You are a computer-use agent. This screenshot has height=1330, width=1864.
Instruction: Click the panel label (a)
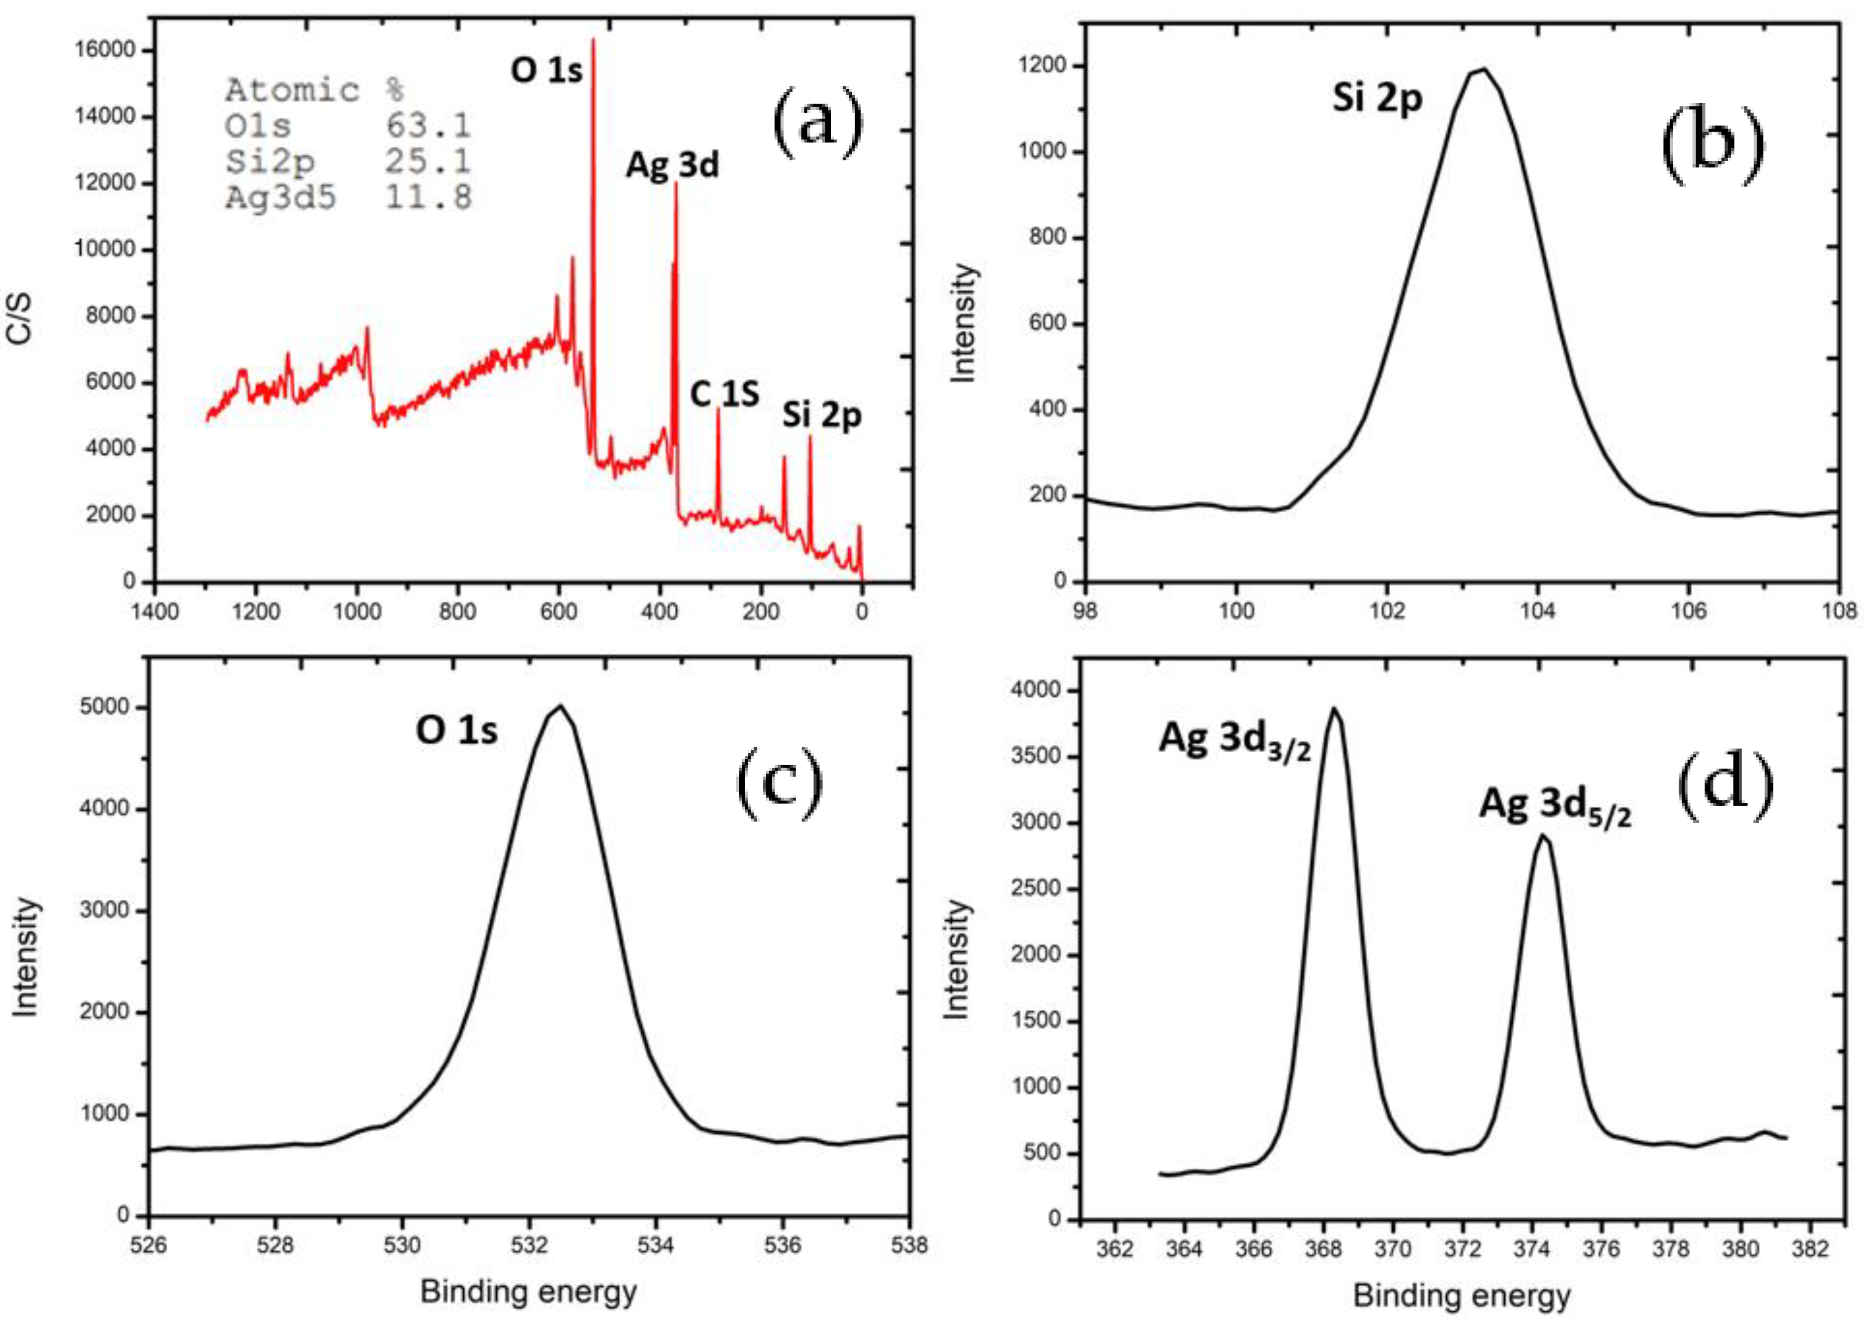tap(817, 123)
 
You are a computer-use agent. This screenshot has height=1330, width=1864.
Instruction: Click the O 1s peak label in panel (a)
tap(546, 71)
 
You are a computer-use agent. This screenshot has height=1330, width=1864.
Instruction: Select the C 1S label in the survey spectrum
tap(724, 395)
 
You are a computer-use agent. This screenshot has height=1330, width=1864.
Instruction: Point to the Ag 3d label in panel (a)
tap(672, 165)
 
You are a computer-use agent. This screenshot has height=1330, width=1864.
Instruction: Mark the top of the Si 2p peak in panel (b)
tap(1481, 69)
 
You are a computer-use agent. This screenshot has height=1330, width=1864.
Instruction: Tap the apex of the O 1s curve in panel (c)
tap(560, 706)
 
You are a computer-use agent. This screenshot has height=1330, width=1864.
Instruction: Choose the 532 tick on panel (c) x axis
tap(529, 1245)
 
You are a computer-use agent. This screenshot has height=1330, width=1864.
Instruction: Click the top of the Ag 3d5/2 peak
tap(1542, 836)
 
